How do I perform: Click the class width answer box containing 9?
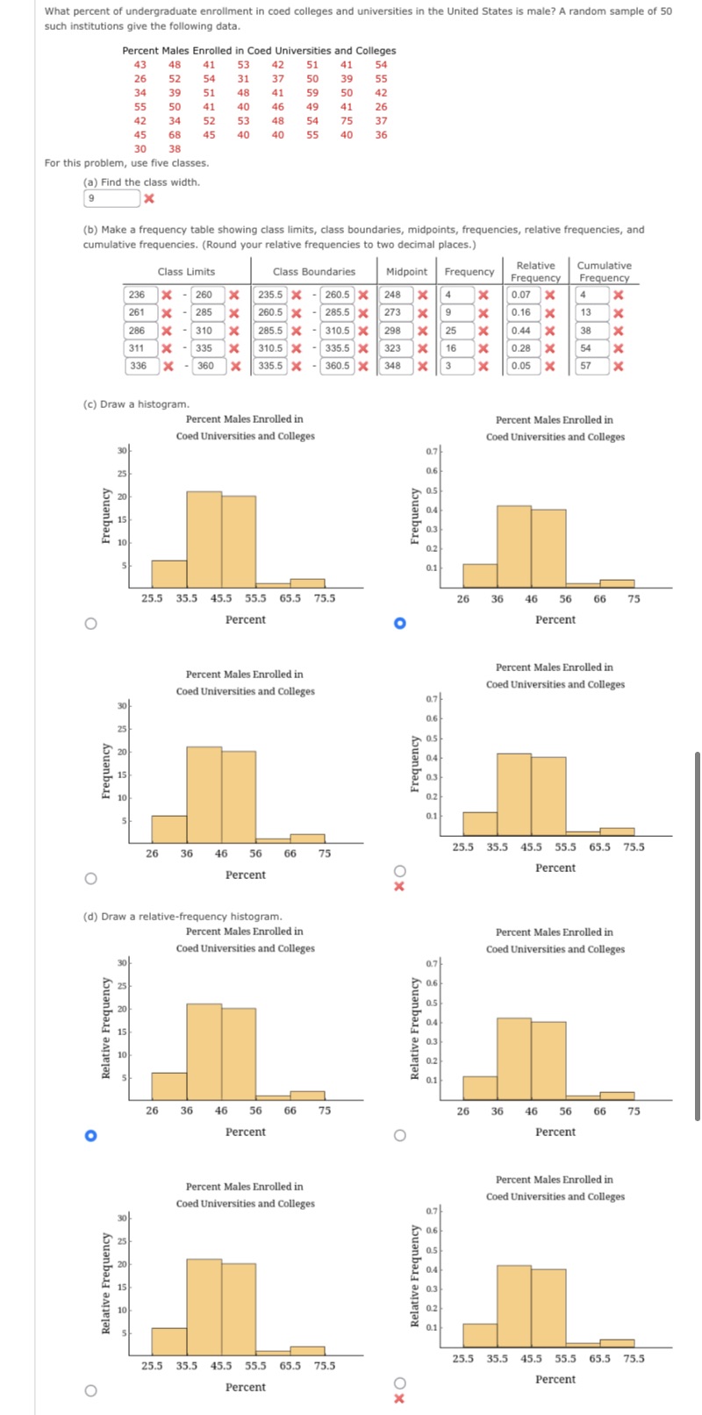111,198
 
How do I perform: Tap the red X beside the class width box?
149,199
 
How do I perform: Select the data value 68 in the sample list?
175,135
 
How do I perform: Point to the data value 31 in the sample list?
243,78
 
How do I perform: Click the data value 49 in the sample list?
312,107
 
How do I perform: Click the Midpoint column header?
406,272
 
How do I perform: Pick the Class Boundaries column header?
314,272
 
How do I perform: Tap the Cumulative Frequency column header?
604,271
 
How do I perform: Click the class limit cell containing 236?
138,295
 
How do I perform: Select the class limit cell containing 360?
205,366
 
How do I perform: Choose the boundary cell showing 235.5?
271,295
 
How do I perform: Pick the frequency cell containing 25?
453,331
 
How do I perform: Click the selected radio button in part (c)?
399,624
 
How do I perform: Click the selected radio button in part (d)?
90,1136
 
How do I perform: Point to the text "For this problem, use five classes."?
126,163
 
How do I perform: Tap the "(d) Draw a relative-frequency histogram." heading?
183,917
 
